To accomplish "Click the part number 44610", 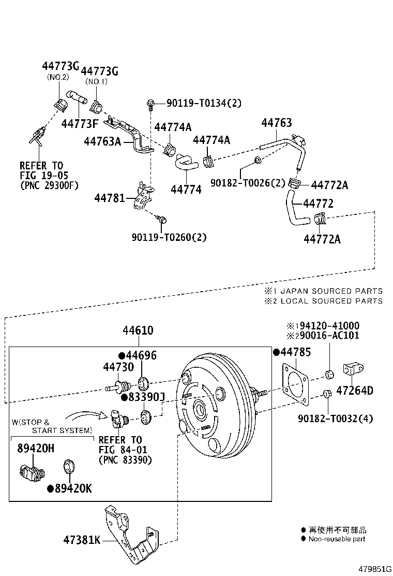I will click(138, 330).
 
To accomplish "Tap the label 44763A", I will click(102, 140).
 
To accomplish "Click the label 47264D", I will click(354, 391).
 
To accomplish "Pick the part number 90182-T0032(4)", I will click(339, 419).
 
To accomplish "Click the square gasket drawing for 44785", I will click(297, 384).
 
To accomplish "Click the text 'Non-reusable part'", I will click(337, 539).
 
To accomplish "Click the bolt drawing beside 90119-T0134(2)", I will click(150, 104).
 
